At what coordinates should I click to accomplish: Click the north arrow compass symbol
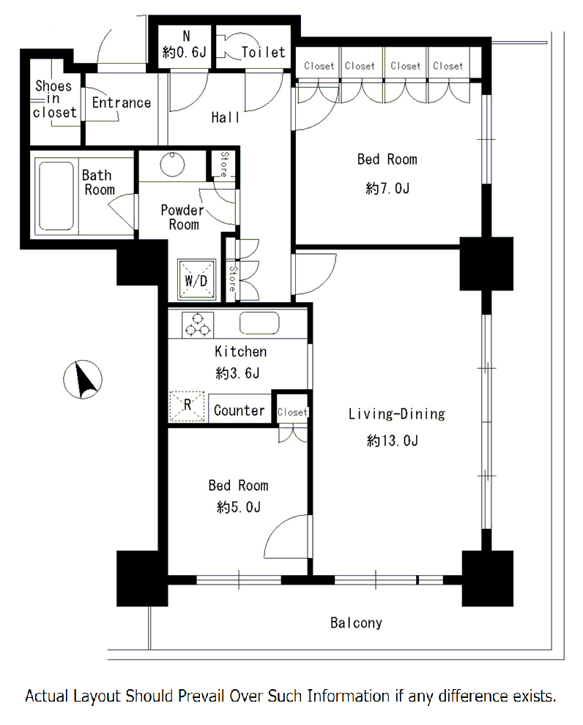click(83, 379)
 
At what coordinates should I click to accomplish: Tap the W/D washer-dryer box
click(197, 279)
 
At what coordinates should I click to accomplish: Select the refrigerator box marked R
click(187, 407)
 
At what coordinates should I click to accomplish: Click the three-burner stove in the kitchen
click(198, 324)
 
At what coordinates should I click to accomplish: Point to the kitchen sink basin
click(259, 323)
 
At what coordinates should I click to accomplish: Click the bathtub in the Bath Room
click(56, 195)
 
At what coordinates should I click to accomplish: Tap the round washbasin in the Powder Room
click(172, 164)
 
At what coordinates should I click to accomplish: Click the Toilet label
click(263, 52)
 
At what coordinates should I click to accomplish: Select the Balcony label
click(356, 623)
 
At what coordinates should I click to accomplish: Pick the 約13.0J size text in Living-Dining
click(393, 440)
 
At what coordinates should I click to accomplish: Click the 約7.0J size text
click(387, 188)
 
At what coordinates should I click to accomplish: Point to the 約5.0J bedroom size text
click(239, 507)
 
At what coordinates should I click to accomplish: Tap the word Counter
click(239, 410)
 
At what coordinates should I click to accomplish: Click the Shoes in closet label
click(54, 99)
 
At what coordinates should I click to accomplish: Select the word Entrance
click(122, 102)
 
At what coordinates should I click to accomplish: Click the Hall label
click(225, 118)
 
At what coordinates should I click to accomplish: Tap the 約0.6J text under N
click(184, 52)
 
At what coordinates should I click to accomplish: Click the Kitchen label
click(240, 351)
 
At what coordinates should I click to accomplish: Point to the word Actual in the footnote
click(47, 696)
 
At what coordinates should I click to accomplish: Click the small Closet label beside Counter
click(292, 412)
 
